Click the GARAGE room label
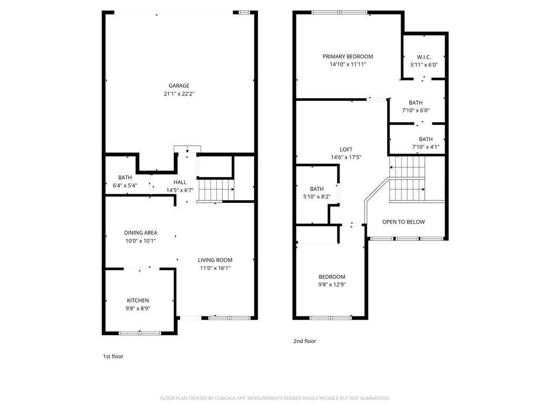point(179,85)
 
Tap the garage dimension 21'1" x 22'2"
point(179,94)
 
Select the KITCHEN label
point(138,300)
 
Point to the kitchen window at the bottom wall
point(140,333)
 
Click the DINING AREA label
point(141,233)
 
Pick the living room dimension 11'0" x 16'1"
point(215,268)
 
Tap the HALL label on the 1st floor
point(180,182)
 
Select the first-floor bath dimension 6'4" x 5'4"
point(125,186)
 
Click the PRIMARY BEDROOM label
point(348,56)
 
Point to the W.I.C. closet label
point(424,57)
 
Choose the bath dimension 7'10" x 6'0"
point(416,111)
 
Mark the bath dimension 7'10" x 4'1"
point(426,147)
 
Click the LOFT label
point(346,149)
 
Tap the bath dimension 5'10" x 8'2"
point(317,197)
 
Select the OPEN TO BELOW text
point(403,222)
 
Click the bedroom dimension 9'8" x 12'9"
point(332,285)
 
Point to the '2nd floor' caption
point(305,341)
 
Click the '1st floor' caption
point(113,356)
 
